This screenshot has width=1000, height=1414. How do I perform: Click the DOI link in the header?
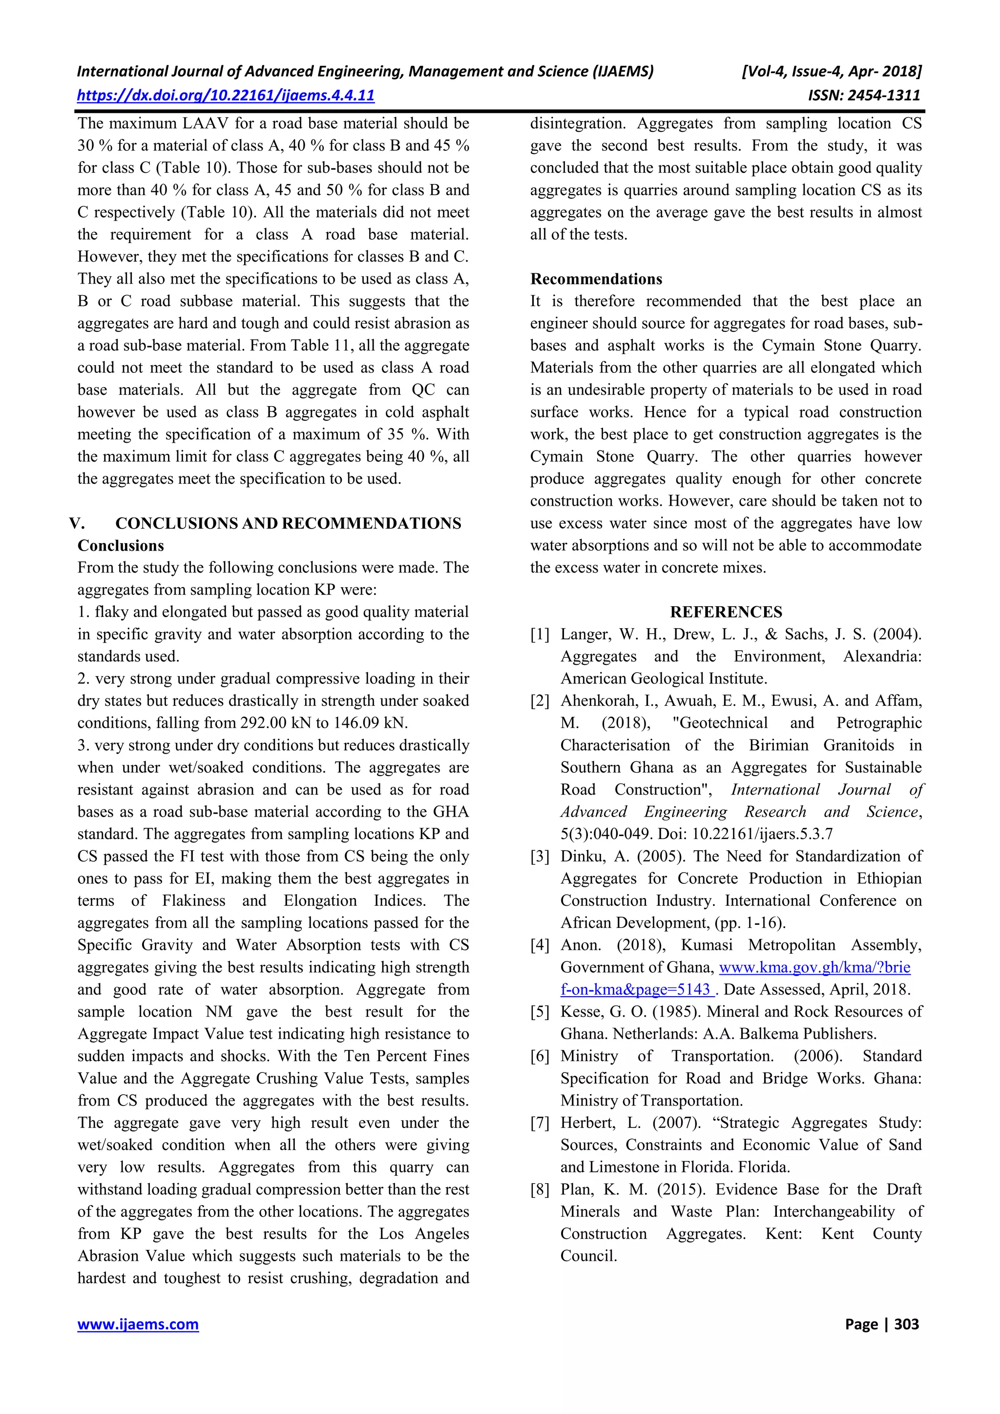click(x=226, y=96)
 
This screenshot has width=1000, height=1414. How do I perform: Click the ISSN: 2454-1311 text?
click(x=864, y=96)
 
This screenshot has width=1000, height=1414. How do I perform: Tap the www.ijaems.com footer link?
click(x=138, y=1324)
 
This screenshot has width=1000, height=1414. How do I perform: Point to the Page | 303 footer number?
click(x=882, y=1324)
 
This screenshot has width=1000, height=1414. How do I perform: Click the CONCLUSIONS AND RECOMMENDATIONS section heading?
click(x=289, y=523)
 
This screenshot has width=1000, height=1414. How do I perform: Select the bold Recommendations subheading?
click(x=596, y=279)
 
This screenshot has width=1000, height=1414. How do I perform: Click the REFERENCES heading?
click(x=726, y=612)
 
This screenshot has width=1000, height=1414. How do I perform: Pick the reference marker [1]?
click(x=540, y=635)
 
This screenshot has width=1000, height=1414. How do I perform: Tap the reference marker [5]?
click(x=540, y=1012)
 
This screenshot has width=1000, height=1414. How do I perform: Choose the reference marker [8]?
click(x=540, y=1189)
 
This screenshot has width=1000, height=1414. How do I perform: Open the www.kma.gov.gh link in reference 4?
click(x=814, y=967)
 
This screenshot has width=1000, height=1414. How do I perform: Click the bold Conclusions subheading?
click(x=121, y=546)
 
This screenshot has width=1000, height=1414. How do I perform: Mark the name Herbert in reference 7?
click(x=588, y=1123)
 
